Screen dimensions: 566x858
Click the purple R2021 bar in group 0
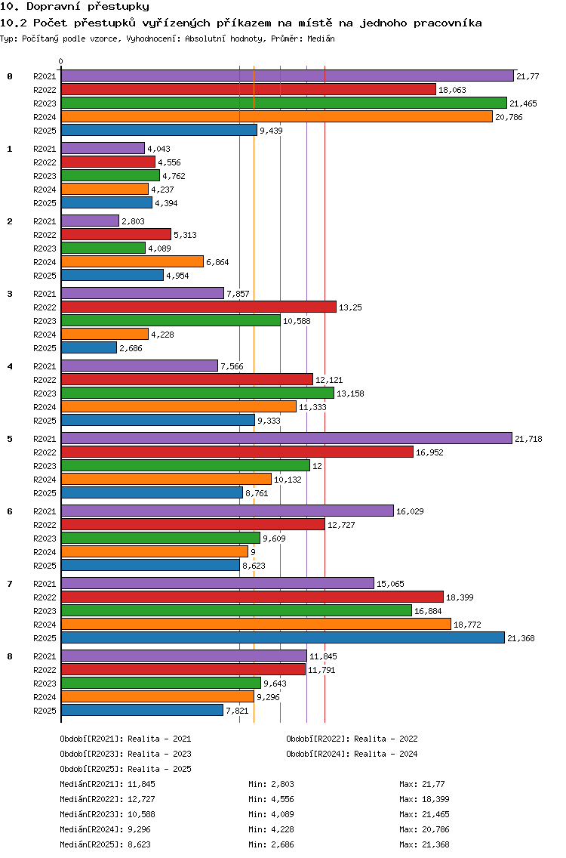pos(288,76)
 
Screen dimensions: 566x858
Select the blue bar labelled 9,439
pos(159,130)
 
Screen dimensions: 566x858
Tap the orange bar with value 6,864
pos(132,261)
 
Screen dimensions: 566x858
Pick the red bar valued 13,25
pos(198,307)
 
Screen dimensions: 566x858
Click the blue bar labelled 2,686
pos(89,348)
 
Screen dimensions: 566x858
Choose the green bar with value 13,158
pos(198,393)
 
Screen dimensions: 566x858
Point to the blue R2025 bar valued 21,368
pos(283,638)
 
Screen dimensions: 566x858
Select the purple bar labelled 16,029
pos(227,511)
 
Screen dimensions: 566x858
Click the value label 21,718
pos(528,439)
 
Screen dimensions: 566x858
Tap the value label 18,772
pos(468,625)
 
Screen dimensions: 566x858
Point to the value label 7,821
pos(237,711)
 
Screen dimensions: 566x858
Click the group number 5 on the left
pos(10,439)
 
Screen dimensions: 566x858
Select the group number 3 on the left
pos(10,294)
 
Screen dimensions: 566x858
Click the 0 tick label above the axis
pos(60,61)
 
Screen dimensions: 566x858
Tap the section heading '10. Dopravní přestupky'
pos(75,7)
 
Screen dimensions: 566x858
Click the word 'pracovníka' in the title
pos(448,23)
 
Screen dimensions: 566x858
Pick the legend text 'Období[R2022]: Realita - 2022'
pos(352,739)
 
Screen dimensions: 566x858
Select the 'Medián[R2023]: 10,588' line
pos(107,814)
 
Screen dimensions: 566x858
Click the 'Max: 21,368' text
pos(424,844)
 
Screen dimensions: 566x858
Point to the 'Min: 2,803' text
pos(271,784)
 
